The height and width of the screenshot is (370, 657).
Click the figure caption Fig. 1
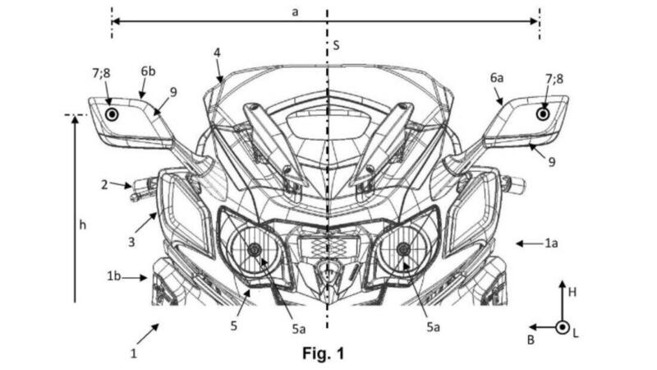click(323, 354)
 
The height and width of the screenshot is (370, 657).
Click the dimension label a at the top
click(295, 12)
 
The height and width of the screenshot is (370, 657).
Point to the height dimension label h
click(83, 225)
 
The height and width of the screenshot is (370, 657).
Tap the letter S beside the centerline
click(336, 45)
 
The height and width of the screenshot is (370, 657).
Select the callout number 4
click(217, 53)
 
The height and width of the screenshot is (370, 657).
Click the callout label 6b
click(148, 72)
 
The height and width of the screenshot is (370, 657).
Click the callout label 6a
click(497, 77)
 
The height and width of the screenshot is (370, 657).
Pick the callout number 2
click(104, 184)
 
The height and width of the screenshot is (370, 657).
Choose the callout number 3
click(131, 242)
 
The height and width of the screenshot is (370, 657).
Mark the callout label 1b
click(113, 276)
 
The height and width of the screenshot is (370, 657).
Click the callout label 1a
click(551, 243)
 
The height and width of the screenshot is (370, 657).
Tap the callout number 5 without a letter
click(234, 325)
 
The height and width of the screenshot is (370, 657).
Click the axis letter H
click(572, 293)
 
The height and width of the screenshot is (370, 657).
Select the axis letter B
click(531, 340)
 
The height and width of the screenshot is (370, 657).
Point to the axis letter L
click(576, 334)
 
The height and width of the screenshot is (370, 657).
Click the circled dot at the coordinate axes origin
click(563, 326)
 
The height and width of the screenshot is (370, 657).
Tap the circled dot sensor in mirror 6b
click(112, 114)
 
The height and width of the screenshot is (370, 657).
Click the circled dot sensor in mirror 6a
click(544, 113)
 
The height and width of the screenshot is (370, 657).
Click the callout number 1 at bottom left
click(134, 354)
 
